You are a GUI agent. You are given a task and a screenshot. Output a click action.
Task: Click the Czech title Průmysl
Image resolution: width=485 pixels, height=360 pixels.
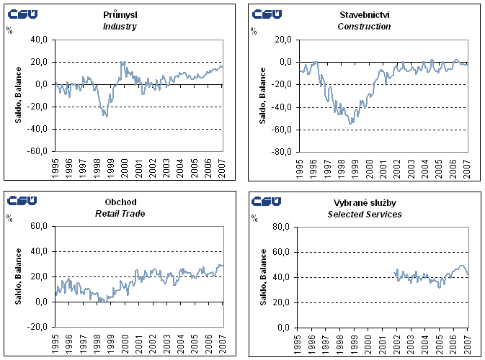[x=120, y=15]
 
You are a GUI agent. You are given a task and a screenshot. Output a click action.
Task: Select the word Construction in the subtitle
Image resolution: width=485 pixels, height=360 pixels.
[x=364, y=27]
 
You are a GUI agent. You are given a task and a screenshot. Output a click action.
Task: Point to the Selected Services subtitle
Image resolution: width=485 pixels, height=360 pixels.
[x=364, y=214]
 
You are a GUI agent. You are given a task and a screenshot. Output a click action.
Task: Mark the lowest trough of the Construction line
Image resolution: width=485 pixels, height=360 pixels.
[x=351, y=124]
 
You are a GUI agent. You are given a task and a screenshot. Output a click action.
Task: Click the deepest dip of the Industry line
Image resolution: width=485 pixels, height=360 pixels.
[x=106, y=116]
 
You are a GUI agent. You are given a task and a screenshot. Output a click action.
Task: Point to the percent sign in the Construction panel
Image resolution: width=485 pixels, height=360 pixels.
[x=254, y=30]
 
